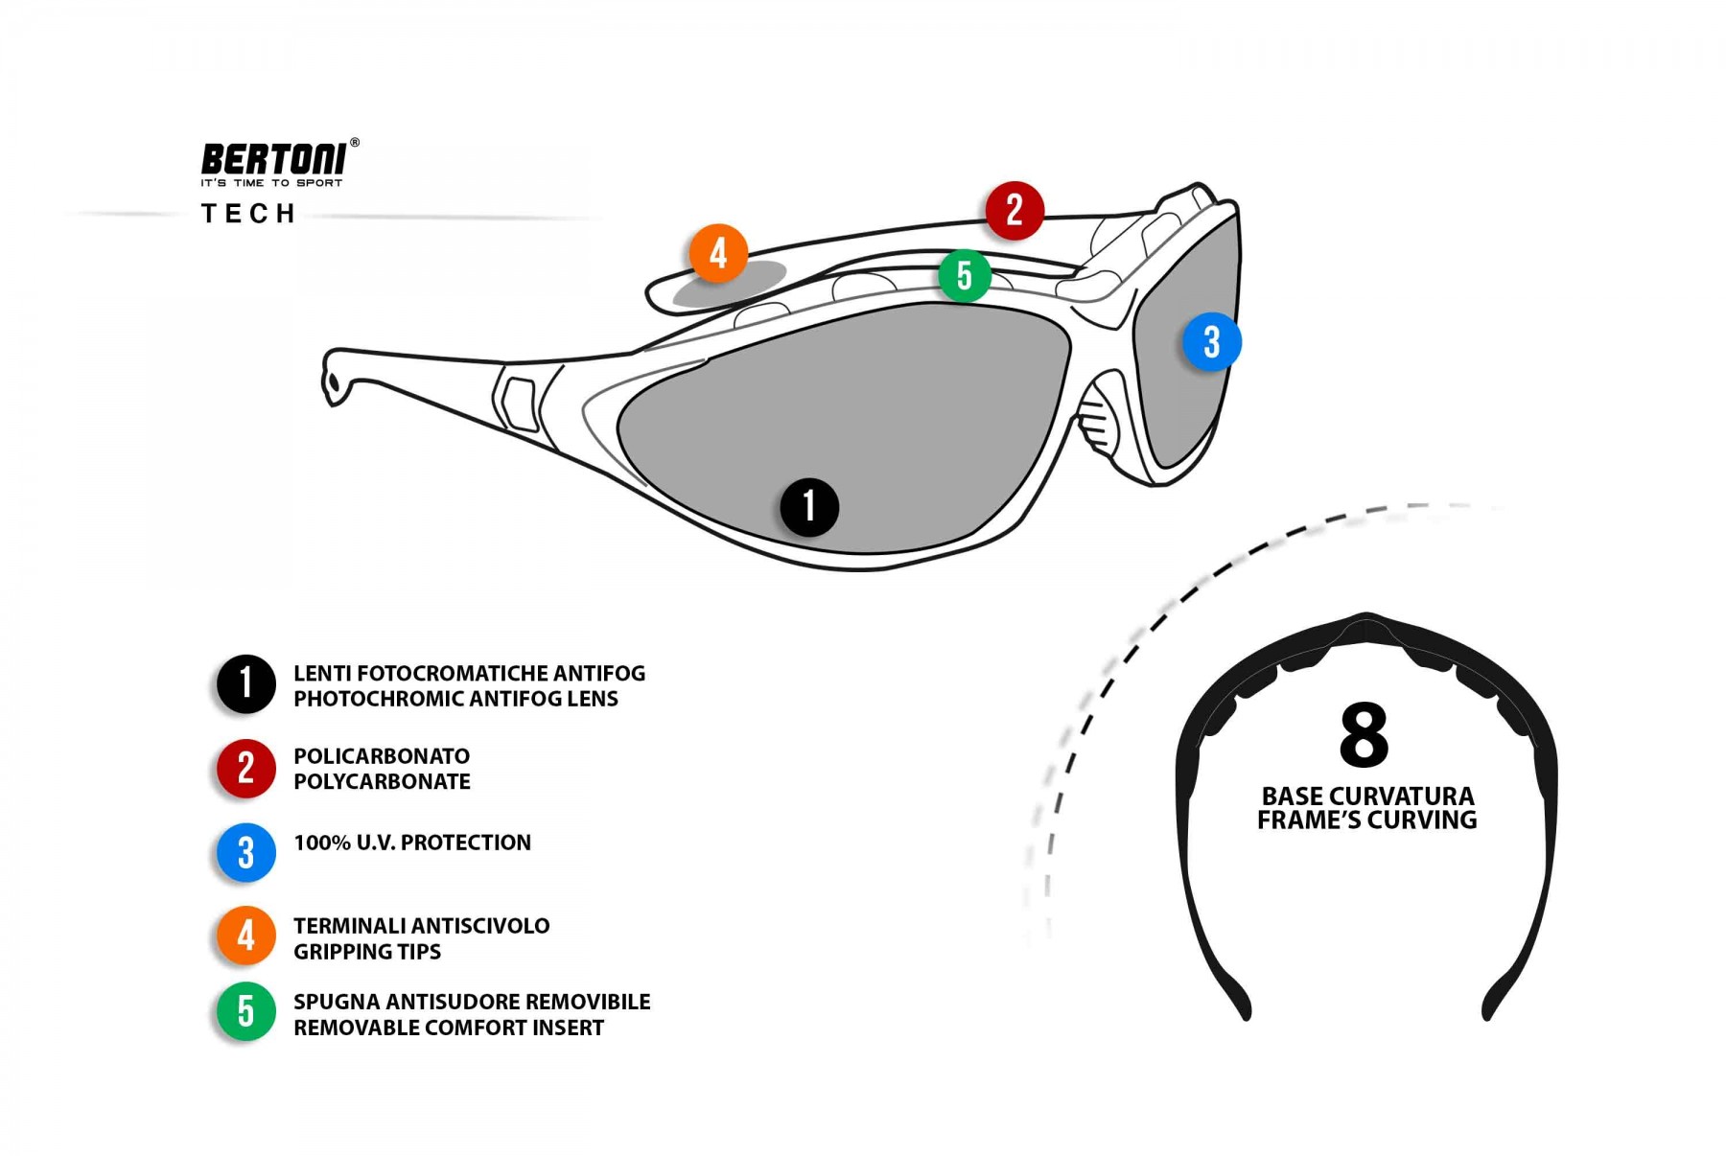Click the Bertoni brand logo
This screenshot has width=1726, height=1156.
tap(273, 159)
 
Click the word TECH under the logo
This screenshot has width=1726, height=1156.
tap(248, 214)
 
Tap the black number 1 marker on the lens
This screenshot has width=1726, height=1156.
tap(809, 507)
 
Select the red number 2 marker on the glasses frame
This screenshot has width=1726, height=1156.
tap(1015, 210)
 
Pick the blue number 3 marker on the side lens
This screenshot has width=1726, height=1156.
tap(1211, 342)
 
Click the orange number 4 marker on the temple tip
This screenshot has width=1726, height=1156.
tap(718, 253)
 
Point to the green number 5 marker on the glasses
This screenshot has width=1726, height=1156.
tap(965, 276)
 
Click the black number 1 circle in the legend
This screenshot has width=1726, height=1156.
tap(246, 684)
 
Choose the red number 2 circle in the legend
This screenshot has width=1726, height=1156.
tap(246, 768)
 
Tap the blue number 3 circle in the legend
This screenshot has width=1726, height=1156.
tap(246, 852)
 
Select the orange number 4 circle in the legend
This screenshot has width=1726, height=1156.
tap(246, 935)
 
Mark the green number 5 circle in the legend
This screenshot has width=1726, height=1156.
tap(246, 1011)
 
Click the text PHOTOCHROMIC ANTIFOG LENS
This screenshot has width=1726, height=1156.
tap(455, 699)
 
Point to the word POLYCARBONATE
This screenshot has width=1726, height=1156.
tap(382, 782)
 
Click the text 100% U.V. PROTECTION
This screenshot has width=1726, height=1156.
tap(412, 843)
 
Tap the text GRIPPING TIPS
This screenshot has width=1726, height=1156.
tap(367, 952)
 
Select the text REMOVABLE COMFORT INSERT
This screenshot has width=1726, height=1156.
tap(449, 1028)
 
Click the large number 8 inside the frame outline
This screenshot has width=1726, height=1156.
tap(1364, 735)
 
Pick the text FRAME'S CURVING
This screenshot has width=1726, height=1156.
tap(1366, 821)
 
